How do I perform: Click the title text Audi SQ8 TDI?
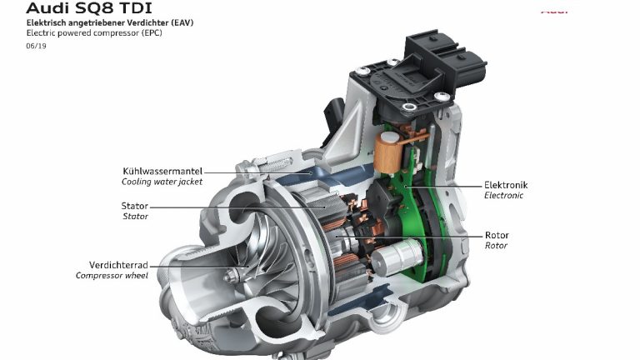coord(89,7)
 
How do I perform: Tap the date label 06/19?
coord(37,46)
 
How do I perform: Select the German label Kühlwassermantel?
coord(162,171)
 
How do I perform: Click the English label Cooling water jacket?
coord(162,182)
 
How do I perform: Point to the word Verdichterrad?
coord(118,265)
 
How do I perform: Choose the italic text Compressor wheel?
coord(112,276)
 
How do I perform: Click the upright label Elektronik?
coord(506,185)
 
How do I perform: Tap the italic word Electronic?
coord(503,195)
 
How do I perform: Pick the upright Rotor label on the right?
coord(497,235)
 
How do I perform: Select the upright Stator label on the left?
coord(135,206)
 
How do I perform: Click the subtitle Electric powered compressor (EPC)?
coord(94,32)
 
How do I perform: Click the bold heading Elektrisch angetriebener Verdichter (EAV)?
coord(110,22)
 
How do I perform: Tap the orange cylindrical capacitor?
coord(387,152)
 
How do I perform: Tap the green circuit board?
coord(408,212)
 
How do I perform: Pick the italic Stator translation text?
coord(135,217)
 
